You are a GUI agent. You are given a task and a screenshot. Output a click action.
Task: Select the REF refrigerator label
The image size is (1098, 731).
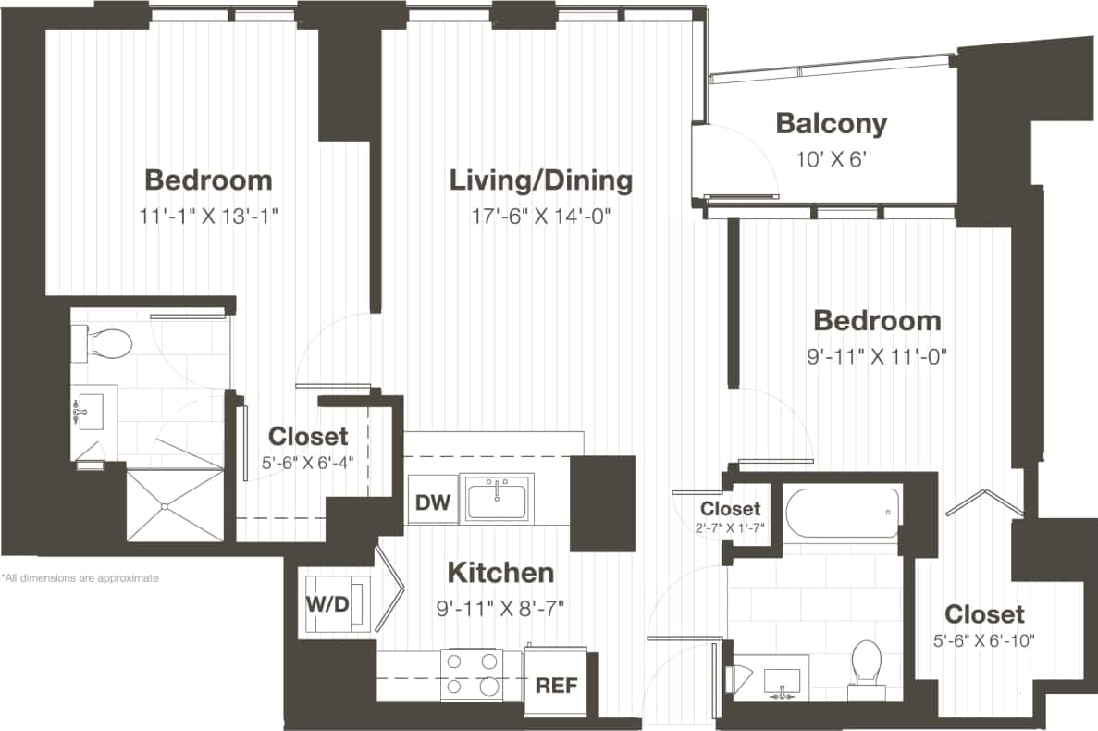pyautogui.click(x=556, y=686)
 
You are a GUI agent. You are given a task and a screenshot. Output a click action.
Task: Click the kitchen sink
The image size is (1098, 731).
pyautogui.click(x=499, y=498)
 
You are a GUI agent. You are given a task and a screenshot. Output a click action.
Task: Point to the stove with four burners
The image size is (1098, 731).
pyautogui.click(x=472, y=675)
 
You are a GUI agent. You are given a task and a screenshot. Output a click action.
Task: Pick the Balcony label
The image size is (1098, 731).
pyautogui.click(x=831, y=123)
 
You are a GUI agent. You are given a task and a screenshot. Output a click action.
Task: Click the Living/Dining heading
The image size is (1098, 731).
pyautogui.click(x=541, y=180)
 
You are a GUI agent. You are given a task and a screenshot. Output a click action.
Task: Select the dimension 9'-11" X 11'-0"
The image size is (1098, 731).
pyautogui.click(x=876, y=355)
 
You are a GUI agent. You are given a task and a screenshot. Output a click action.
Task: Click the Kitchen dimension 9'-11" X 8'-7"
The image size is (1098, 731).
pyautogui.click(x=500, y=608)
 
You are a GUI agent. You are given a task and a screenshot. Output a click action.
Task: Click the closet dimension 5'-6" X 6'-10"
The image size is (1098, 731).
pyautogui.click(x=983, y=638)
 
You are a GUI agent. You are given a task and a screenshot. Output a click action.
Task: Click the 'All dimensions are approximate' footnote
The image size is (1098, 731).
pyautogui.click(x=80, y=578)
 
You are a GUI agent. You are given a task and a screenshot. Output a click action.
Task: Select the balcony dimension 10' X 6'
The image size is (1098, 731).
pyautogui.click(x=830, y=158)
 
